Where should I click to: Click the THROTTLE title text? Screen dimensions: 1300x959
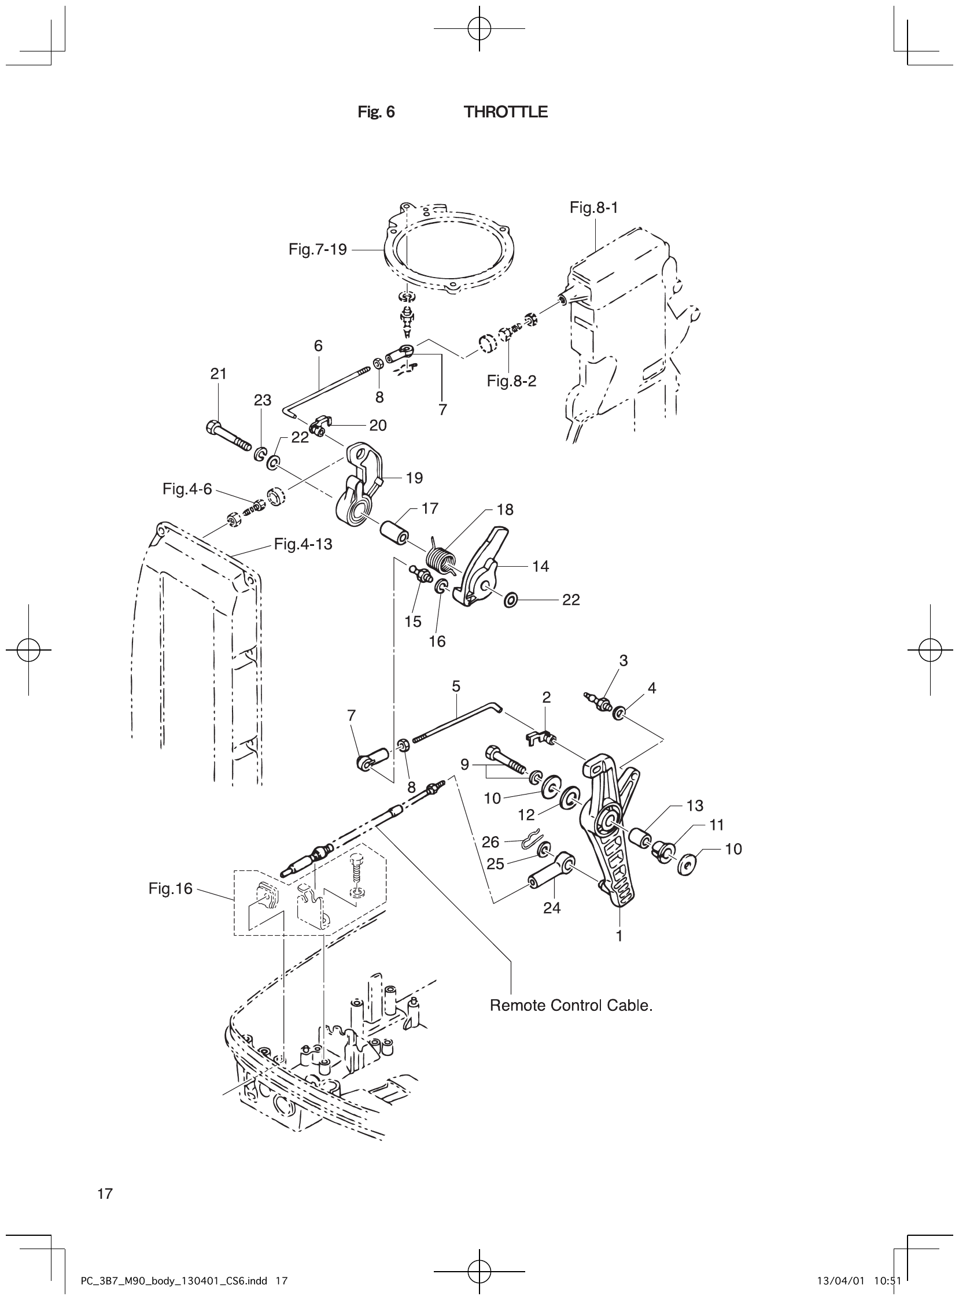(x=505, y=112)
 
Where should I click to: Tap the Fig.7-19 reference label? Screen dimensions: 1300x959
(x=317, y=250)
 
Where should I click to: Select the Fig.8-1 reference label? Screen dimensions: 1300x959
(x=593, y=208)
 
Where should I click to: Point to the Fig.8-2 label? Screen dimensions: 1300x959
(x=511, y=381)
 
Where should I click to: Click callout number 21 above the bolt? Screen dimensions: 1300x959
(x=218, y=374)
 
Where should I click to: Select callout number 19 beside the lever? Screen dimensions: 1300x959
(x=415, y=478)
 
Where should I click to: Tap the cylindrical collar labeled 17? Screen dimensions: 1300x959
(x=394, y=533)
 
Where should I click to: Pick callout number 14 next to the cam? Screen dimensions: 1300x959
(x=540, y=566)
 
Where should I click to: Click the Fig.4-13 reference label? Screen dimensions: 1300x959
(x=303, y=544)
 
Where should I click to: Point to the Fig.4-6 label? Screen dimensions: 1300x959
(x=187, y=489)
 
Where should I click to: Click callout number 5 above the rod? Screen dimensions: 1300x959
(x=456, y=686)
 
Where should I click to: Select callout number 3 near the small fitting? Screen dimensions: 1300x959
(x=624, y=660)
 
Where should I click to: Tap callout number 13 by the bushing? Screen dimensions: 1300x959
(x=694, y=806)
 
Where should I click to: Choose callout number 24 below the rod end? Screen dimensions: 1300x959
(x=551, y=908)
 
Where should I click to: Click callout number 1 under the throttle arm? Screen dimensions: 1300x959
(x=619, y=936)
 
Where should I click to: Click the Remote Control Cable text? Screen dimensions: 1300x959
(x=571, y=1005)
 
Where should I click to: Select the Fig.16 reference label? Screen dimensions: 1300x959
(x=170, y=888)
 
